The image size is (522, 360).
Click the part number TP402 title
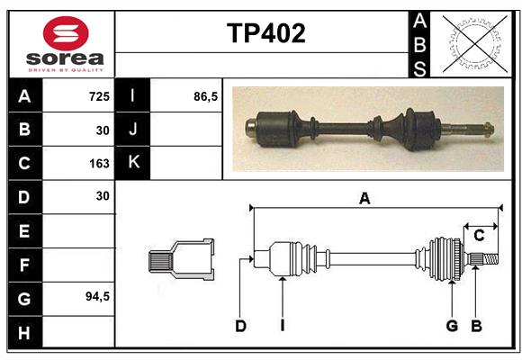pos(265,33)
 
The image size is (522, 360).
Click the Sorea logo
pos(66,44)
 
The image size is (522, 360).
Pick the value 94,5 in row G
pos(96,296)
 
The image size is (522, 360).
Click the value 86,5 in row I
pos(206,95)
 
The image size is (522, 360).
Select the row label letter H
pos(23,333)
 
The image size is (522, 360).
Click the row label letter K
pos(133,163)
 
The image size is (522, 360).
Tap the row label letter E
pos(23,231)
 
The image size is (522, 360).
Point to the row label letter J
pos(133,129)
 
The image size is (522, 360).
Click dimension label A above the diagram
pos(364,199)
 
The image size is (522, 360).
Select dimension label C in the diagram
pos(479,235)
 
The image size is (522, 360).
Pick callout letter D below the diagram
pos(240,326)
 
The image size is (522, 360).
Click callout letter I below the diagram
pos(282,326)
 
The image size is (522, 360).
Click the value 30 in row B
pos(102,130)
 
